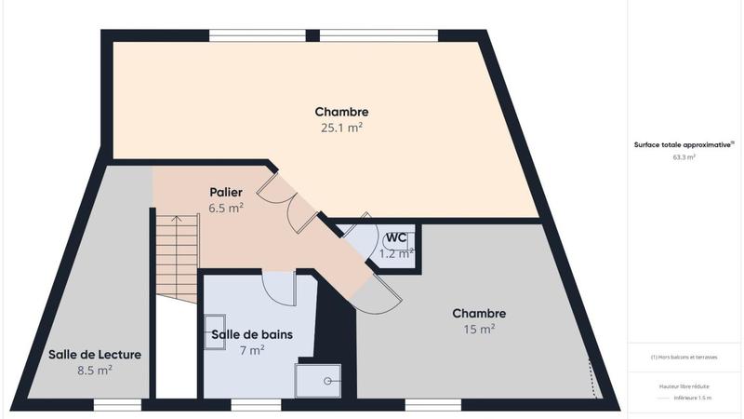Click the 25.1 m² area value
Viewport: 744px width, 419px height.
pos(341,128)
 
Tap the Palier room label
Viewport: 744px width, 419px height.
pos(226,192)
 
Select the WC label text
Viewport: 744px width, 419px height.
pos(397,237)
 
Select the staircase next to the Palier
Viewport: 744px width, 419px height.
pos(176,258)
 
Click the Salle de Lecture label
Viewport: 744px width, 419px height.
pos(95,354)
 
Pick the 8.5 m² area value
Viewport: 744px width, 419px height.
pos(95,370)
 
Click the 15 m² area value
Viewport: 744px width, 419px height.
pos(479,329)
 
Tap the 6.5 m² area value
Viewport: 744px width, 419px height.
pos(226,208)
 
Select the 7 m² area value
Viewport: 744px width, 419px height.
pos(251,350)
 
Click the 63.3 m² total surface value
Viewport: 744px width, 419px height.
pos(684,158)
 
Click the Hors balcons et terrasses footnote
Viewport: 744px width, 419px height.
pos(684,358)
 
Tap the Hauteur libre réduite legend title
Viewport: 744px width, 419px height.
pos(684,385)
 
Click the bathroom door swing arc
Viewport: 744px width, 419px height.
pos(279,288)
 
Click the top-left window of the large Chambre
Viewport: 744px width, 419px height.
pos(258,35)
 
